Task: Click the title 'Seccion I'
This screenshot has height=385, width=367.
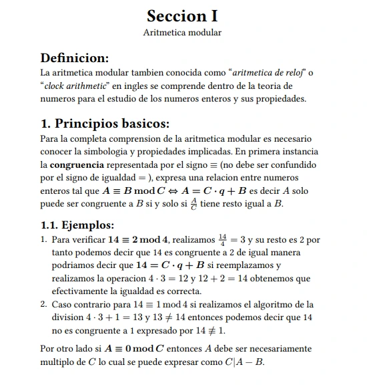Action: coord(182,15)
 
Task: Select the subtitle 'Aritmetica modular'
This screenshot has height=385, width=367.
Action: coord(182,32)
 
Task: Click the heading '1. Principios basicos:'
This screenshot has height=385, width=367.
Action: coord(105,124)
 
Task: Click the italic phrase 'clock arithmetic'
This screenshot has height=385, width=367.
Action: coord(75,86)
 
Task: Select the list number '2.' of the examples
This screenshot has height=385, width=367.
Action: coord(44,305)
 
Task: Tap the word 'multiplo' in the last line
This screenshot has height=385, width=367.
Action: coord(58,362)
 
